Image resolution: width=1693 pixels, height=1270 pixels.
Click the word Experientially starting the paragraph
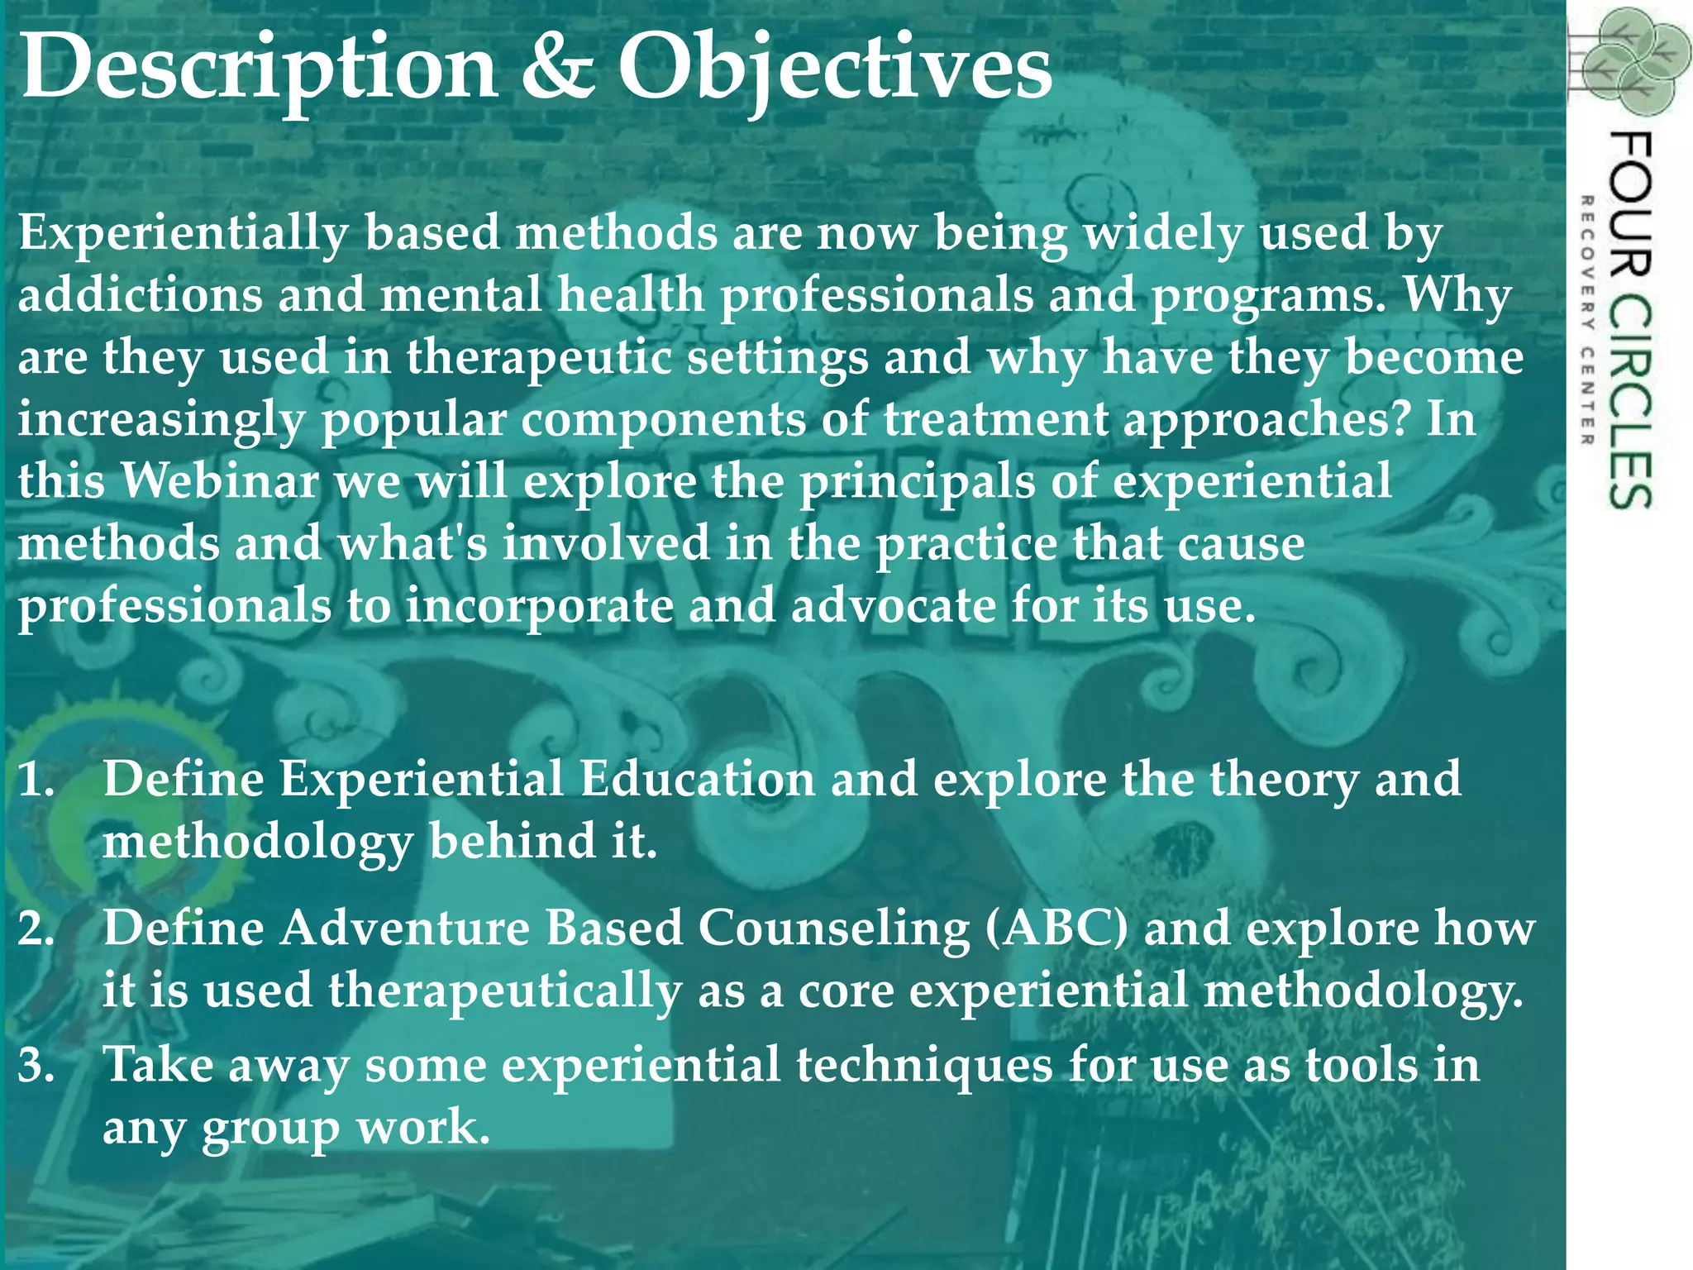(183, 234)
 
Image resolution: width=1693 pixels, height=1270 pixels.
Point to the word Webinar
(220, 481)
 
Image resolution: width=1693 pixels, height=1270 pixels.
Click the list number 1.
(36, 780)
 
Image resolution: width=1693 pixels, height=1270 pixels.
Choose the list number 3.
(36, 1065)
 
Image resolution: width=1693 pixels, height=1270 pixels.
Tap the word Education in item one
(697, 780)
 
